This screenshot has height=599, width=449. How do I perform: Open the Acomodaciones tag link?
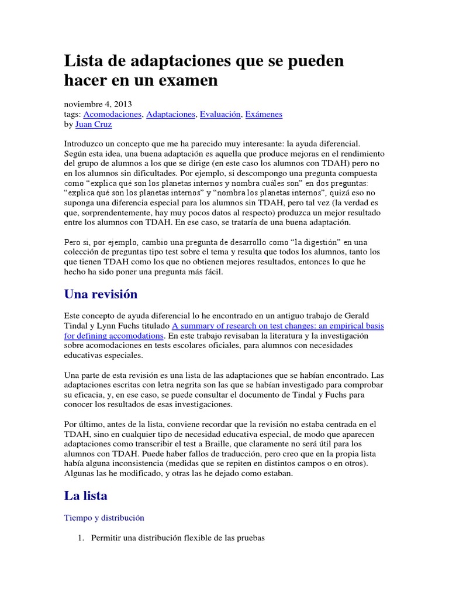(113, 114)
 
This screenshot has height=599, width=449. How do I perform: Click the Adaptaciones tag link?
(171, 114)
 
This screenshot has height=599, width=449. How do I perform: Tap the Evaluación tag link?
(220, 114)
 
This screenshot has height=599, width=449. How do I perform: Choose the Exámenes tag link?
(264, 114)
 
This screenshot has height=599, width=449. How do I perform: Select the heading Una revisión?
(100, 294)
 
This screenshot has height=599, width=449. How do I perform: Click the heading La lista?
(85, 495)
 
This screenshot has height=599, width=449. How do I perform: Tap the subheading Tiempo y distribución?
(103, 518)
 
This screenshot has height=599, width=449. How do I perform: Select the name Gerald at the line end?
(369, 315)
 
